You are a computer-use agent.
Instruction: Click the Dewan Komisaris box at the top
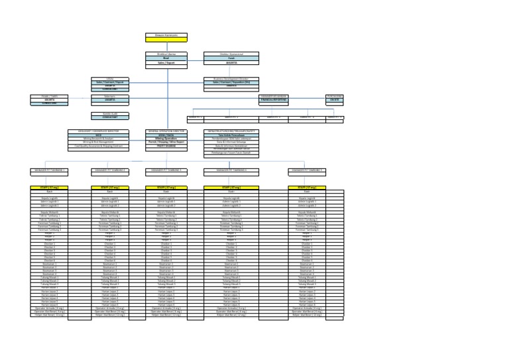pos(166,34)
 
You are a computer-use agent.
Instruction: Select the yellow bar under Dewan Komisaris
pos(166,39)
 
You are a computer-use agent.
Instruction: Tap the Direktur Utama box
pos(166,53)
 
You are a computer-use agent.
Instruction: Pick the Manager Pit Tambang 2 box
pos(110,170)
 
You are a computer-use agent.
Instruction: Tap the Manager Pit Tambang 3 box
pos(166,170)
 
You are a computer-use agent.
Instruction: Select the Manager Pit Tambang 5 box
pos(307,170)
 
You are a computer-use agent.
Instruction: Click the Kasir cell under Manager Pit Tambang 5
pos(307,192)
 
